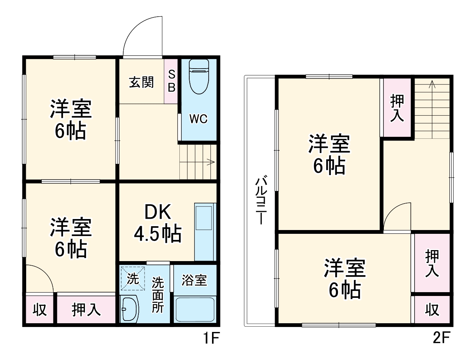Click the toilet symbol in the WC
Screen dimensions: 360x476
(199, 77)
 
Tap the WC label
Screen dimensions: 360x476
(198, 119)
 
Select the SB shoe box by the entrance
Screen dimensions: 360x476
(171, 81)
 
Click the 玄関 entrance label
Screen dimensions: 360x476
(141, 82)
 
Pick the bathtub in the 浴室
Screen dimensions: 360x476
(195, 309)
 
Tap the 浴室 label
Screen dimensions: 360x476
(194, 280)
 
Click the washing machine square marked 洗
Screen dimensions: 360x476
(133, 279)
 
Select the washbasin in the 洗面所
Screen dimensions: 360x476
(129, 309)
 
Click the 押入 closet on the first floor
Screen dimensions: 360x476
(86, 310)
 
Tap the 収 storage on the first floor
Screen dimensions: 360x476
(39, 310)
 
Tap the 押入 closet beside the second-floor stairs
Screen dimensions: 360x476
(397, 108)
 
